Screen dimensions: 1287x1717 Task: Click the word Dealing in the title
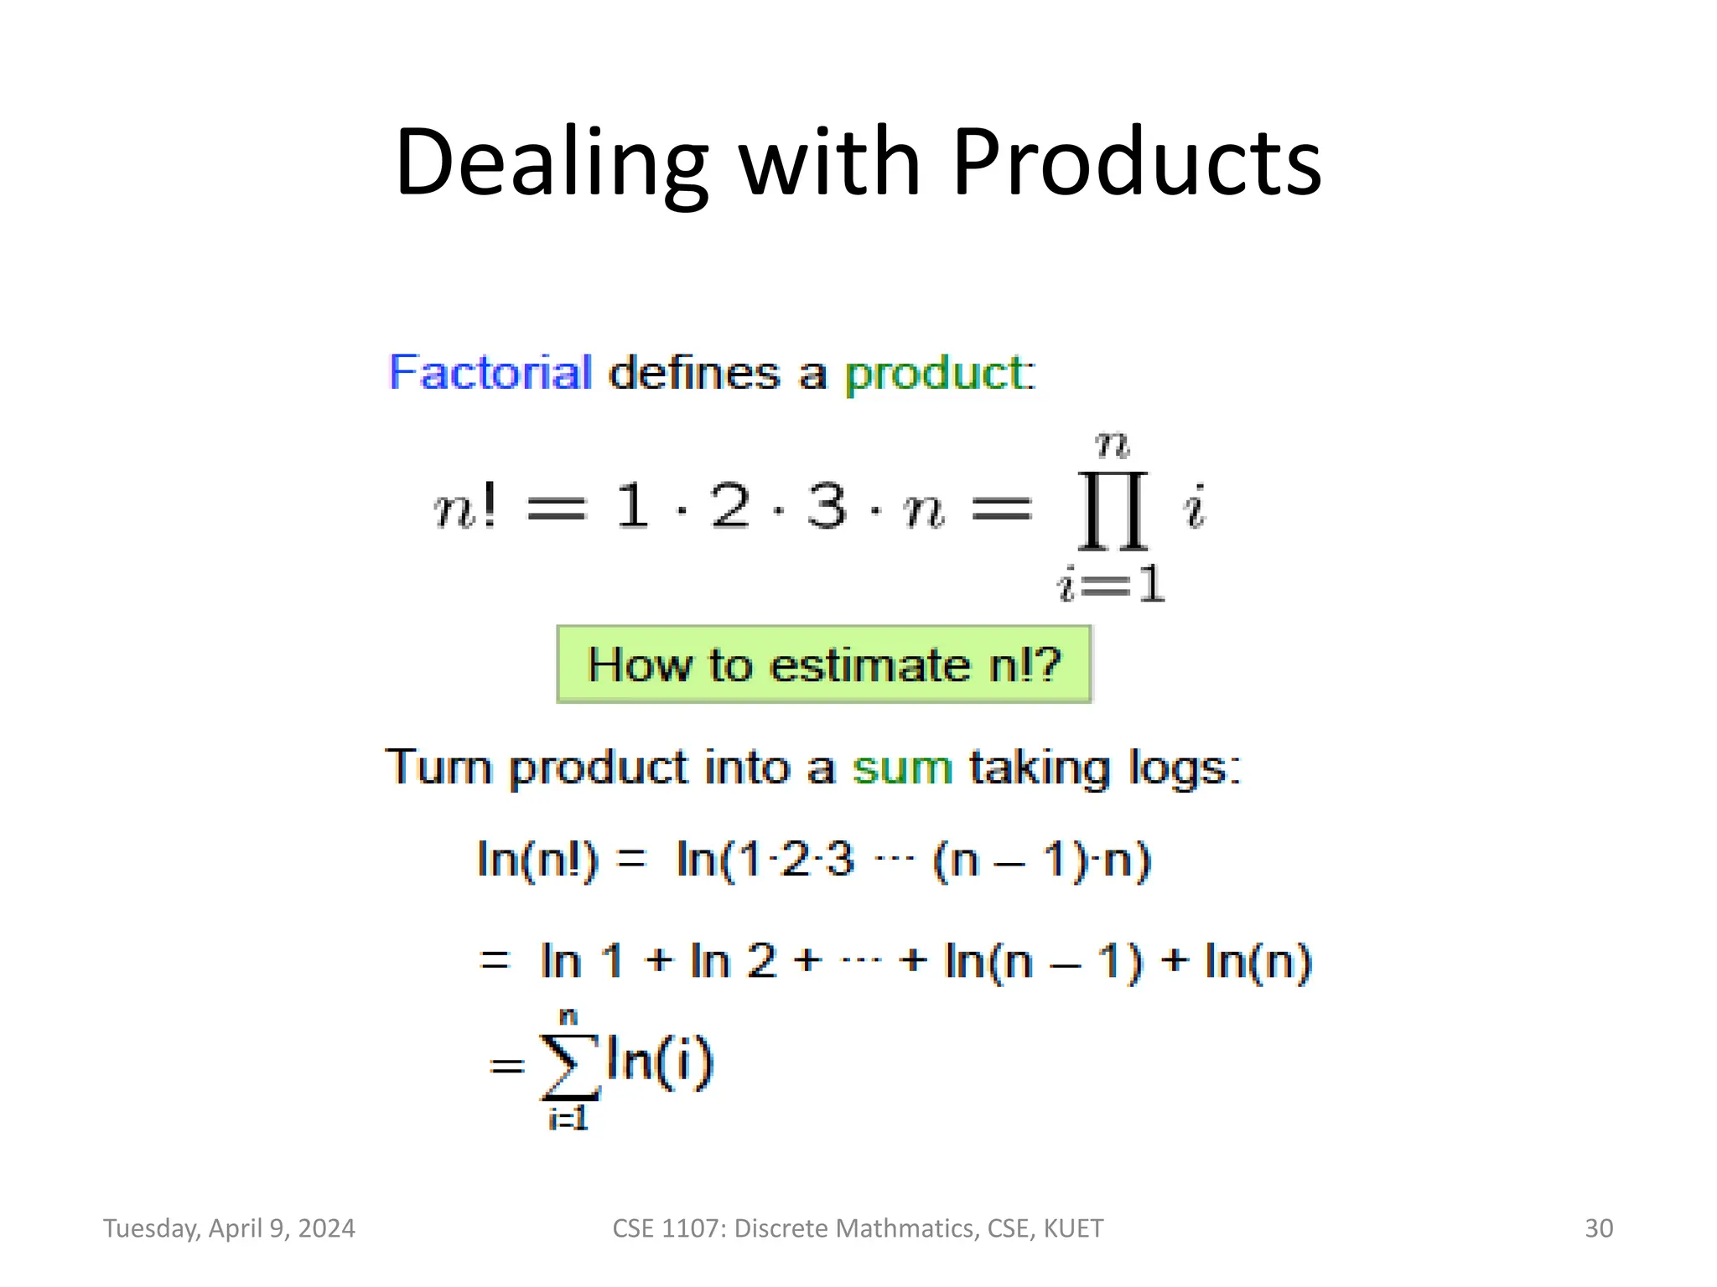tap(551, 163)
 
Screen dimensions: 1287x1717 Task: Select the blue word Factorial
tap(490, 373)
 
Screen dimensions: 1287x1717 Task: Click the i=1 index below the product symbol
tap(1112, 583)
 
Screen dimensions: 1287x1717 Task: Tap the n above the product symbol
tap(1113, 445)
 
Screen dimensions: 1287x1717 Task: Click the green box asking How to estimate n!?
tap(823, 664)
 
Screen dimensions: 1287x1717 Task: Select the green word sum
tap(902, 768)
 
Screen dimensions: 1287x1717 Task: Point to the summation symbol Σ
tap(570, 1066)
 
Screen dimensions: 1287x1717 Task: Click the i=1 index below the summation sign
tap(568, 1119)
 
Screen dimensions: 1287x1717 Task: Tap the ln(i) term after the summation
tap(660, 1061)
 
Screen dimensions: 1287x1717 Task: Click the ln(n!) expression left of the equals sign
tap(537, 861)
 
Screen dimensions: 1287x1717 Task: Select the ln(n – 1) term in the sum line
tap(1043, 961)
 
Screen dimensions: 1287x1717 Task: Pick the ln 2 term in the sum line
tap(734, 961)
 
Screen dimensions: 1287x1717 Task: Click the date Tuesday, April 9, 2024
tap(229, 1228)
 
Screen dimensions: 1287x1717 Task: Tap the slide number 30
tap(1598, 1228)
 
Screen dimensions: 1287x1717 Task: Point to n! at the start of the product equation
tap(465, 508)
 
